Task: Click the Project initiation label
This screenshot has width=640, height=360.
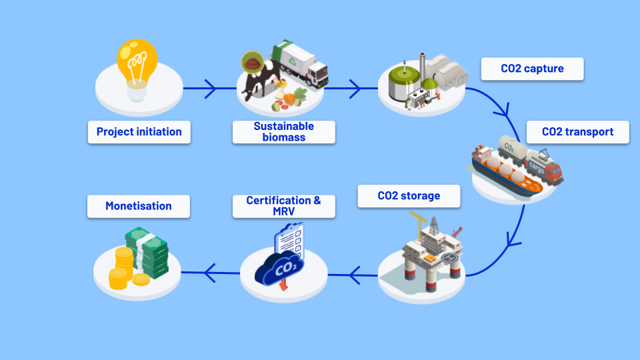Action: (x=139, y=132)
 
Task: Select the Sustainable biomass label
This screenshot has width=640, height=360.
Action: (x=283, y=132)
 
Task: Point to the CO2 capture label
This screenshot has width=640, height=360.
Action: (x=532, y=69)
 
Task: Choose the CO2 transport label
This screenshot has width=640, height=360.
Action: (x=577, y=132)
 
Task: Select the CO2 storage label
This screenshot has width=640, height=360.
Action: (x=409, y=196)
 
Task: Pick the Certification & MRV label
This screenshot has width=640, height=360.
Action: (x=283, y=205)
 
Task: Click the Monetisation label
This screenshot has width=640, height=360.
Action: (x=139, y=206)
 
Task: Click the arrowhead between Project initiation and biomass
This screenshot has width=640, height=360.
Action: (x=210, y=88)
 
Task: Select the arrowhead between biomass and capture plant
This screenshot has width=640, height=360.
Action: (x=353, y=88)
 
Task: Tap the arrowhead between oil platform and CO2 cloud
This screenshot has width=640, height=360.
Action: (x=353, y=272)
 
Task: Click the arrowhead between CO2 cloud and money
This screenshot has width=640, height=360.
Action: (x=209, y=272)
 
